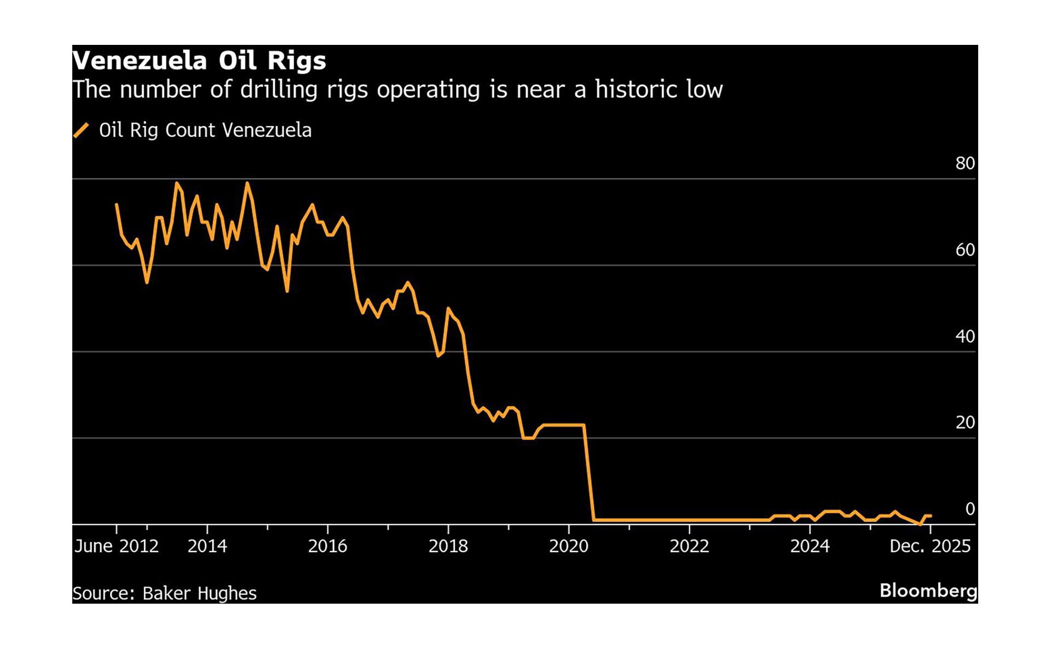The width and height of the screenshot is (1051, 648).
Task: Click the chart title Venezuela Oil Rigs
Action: (199, 61)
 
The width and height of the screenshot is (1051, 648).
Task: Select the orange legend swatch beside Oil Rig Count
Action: (81, 131)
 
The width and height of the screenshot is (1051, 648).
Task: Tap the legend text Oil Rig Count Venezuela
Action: (205, 131)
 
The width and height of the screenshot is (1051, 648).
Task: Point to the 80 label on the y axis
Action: (965, 164)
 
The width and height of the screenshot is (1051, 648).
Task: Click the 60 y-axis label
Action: (965, 250)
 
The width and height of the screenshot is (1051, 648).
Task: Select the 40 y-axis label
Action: (965, 337)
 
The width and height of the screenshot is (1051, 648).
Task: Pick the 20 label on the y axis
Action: (965, 423)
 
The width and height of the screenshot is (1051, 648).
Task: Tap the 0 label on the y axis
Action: (969, 510)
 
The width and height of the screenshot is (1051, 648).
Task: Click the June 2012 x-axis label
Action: (116, 546)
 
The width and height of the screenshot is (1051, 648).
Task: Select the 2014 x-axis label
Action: (207, 546)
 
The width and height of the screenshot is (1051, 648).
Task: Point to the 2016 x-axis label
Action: (327, 546)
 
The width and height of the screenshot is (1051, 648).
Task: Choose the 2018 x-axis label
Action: (448, 546)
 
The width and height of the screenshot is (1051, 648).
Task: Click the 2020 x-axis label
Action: (568, 546)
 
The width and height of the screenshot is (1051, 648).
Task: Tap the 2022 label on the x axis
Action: (689, 546)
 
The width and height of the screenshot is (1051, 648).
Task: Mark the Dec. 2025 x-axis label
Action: (929, 546)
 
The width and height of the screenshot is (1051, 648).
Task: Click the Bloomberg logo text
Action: (928, 591)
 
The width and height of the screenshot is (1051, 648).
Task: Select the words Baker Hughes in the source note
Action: (199, 594)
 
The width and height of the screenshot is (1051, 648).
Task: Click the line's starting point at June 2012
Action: (117, 205)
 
